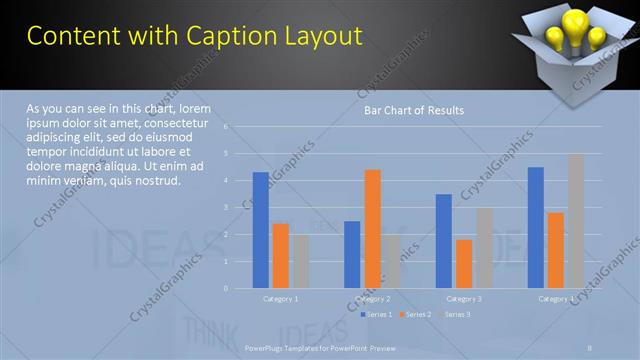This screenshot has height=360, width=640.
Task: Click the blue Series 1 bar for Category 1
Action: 261,230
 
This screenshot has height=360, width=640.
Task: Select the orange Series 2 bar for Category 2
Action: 372,229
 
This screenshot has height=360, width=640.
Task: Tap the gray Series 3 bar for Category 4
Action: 576,221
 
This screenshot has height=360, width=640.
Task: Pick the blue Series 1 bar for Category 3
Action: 444,241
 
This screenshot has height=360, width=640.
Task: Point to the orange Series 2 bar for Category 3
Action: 464,264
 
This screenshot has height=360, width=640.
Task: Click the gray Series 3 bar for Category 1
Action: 300,261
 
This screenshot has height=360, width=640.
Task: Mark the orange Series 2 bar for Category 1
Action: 281,256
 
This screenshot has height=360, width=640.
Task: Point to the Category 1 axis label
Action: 281,299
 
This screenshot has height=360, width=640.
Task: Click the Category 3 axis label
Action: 464,299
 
